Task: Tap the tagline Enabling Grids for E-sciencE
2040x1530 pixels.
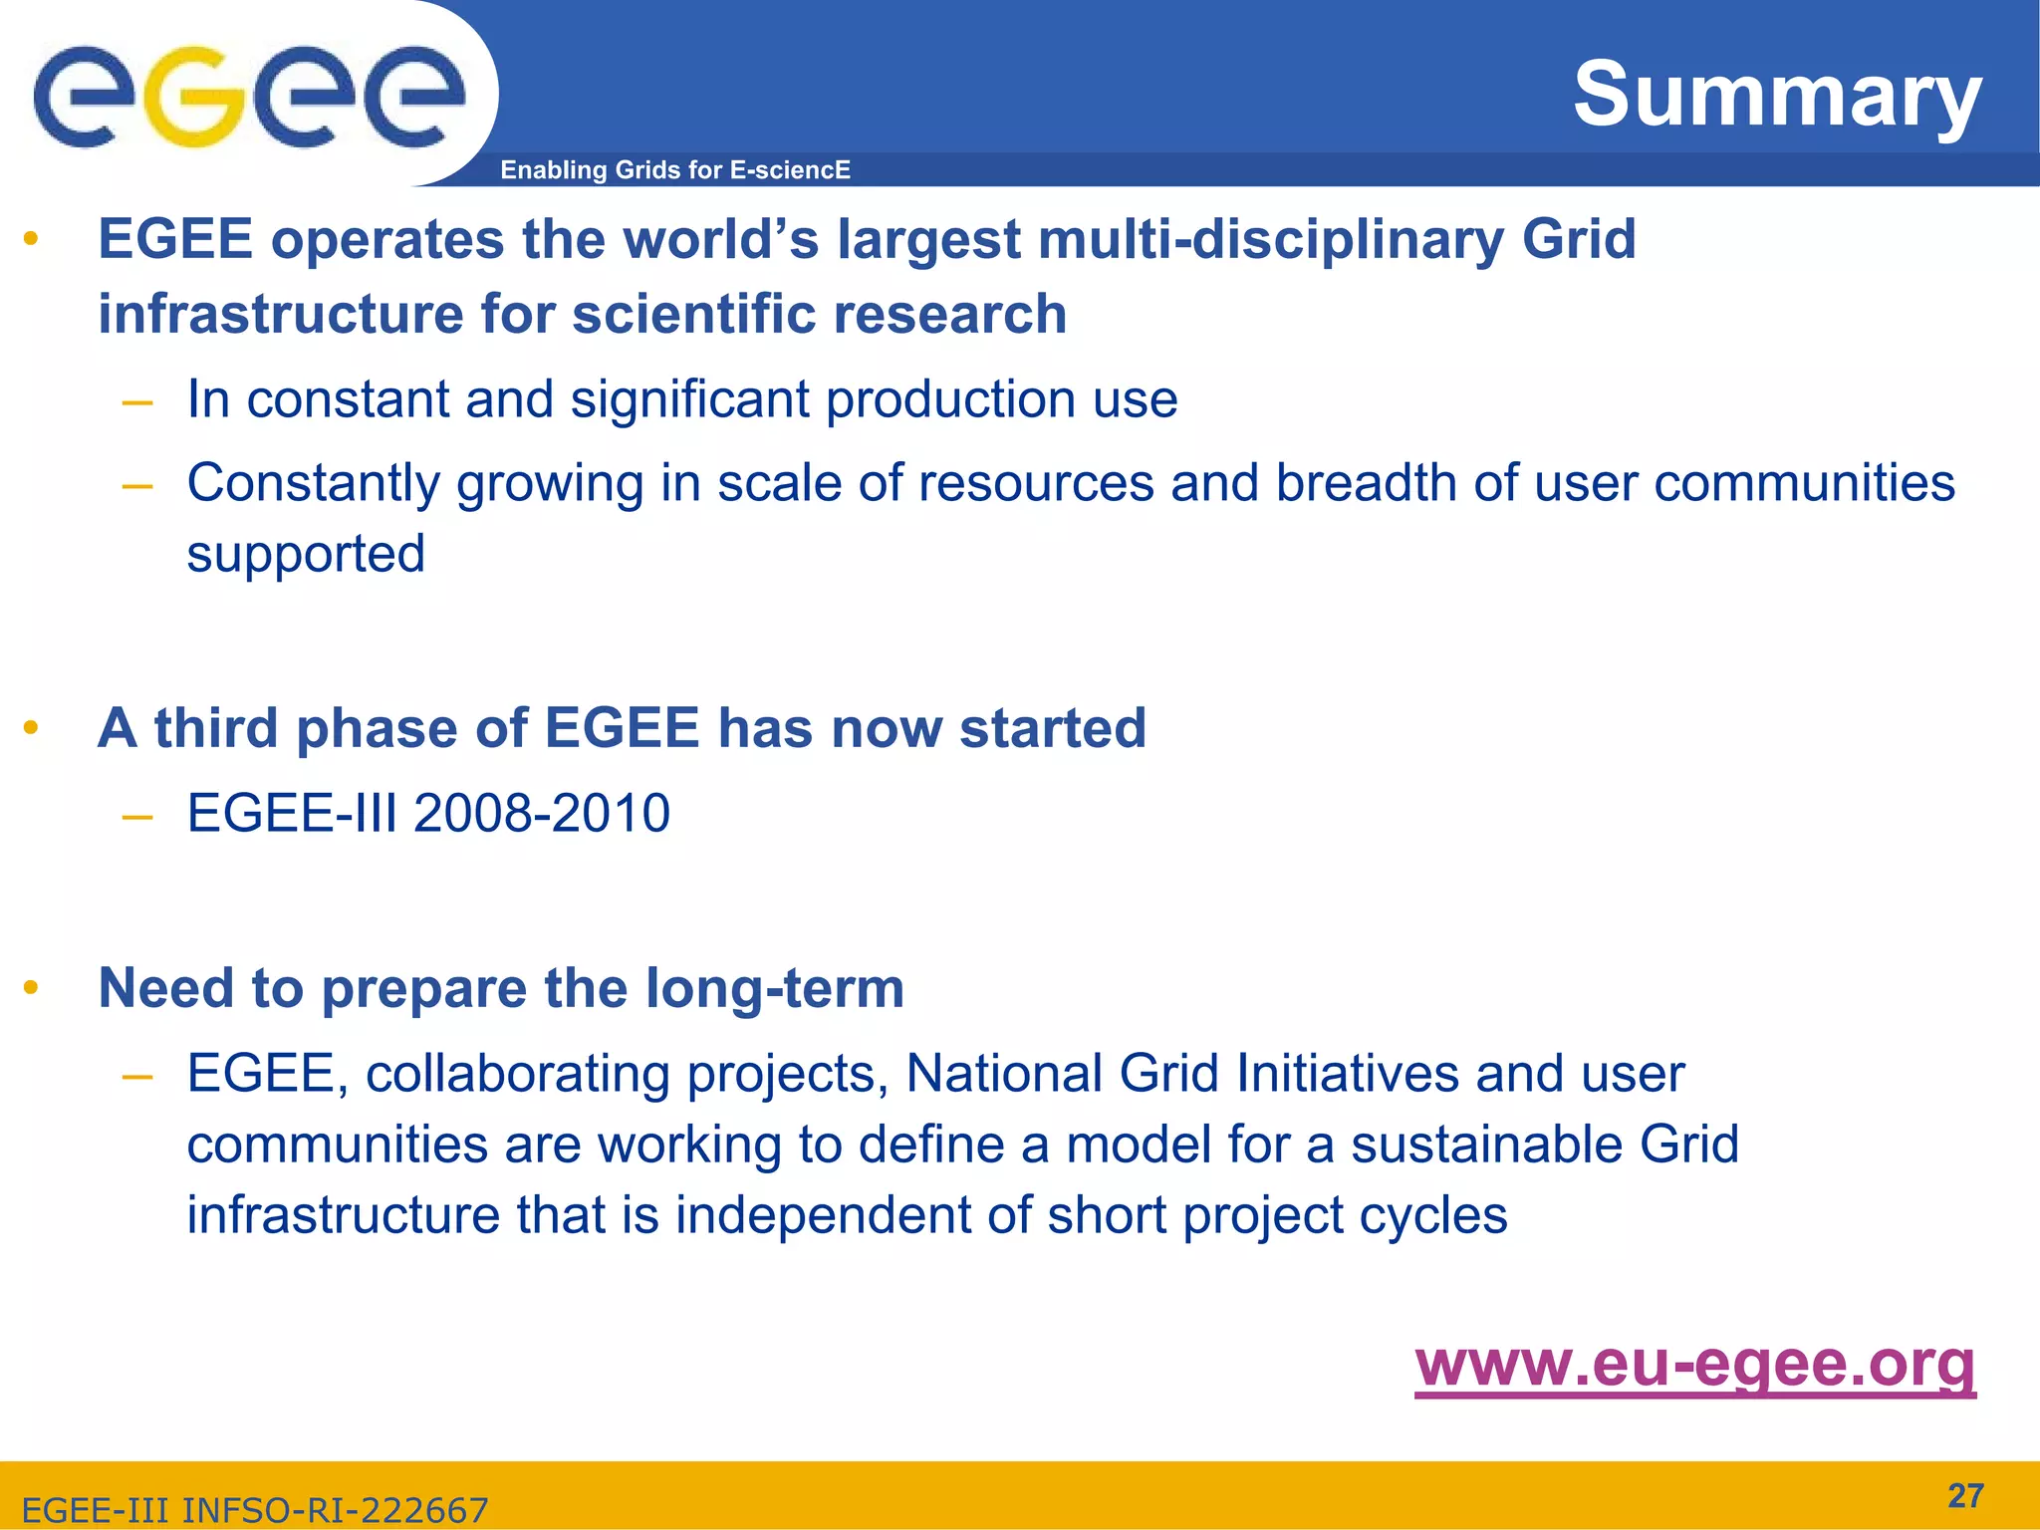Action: (x=674, y=170)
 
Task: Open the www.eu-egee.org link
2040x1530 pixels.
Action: (x=1694, y=1364)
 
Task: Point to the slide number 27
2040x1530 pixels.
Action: (x=1965, y=1495)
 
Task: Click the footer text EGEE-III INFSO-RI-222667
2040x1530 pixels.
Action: (x=255, y=1510)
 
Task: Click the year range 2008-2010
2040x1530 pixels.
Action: (x=541, y=813)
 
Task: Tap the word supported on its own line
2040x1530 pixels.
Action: (x=306, y=554)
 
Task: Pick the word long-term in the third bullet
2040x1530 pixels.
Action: (x=774, y=988)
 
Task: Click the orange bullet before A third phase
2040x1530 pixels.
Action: (x=31, y=728)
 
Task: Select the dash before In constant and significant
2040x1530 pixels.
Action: (x=136, y=402)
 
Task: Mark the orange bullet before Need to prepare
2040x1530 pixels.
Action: (x=31, y=988)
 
